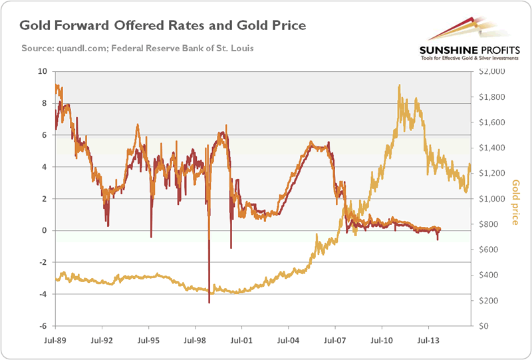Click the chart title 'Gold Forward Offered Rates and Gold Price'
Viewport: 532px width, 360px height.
coord(162,27)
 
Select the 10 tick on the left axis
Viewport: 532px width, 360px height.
coord(43,71)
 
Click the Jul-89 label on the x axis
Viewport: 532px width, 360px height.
coord(55,339)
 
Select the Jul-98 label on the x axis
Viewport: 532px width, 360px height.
coord(195,339)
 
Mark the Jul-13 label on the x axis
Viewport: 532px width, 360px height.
coord(428,339)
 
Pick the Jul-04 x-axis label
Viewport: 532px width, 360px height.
coord(288,339)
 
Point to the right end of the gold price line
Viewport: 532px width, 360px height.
coord(470,166)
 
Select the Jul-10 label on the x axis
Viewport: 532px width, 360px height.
coord(381,339)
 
